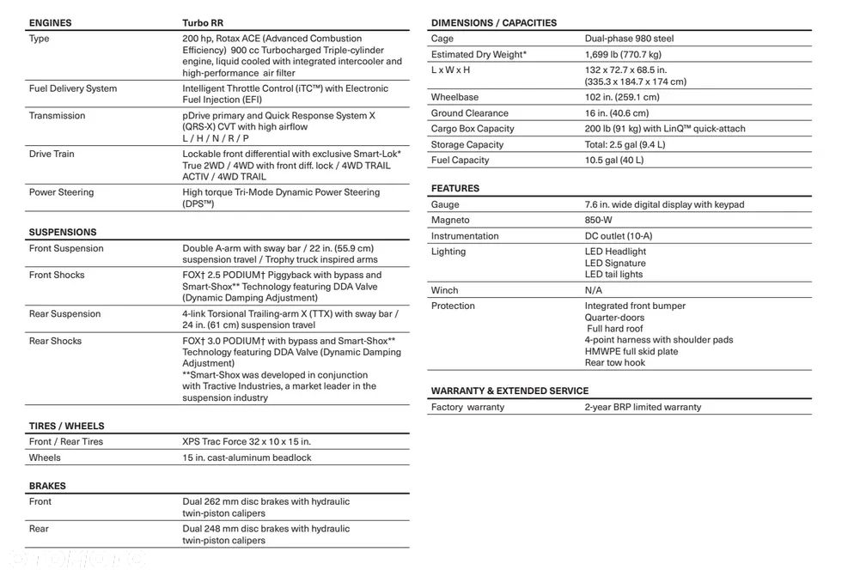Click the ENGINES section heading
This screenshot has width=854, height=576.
pyautogui.click(x=51, y=23)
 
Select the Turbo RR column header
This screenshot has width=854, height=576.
pyautogui.click(x=207, y=23)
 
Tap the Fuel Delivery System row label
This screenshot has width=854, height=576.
pyautogui.click(x=73, y=88)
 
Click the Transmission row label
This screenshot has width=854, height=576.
pyautogui.click(x=58, y=116)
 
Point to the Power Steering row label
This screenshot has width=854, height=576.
pyautogui.click(x=62, y=192)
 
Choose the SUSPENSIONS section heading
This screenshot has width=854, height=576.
pyautogui.click(x=63, y=232)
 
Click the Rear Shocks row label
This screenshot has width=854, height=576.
pyautogui.click(x=56, y=341)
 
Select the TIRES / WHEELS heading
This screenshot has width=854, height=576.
pyautogui.click(x=67, y=426)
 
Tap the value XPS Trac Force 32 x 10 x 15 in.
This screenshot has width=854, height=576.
pyautogui.click(x=247, y=441)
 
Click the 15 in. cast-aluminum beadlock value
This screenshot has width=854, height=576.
pyautogui.click(x=247, y=458)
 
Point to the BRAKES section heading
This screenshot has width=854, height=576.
pyautogui.click(x=47, y=486)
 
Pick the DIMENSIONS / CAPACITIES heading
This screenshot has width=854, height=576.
pyautogui.click(x=494, y=22)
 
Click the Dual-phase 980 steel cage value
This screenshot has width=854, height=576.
pyautogui.click(x=629, y=39)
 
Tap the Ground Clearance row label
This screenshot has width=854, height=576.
pyautogui.click(x=470, y=113)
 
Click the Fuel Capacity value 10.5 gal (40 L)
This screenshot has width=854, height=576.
pyautogui.click(x=614, y=160)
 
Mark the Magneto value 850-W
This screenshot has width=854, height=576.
pyautogui.click(x=600, y=221)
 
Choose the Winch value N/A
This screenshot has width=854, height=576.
pyautogui.click(x=594, y=290)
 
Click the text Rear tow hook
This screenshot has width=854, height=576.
pyautogui.click(x=615, y=362)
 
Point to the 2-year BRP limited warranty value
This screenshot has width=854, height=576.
pyautogui.click(x=643, y=407)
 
